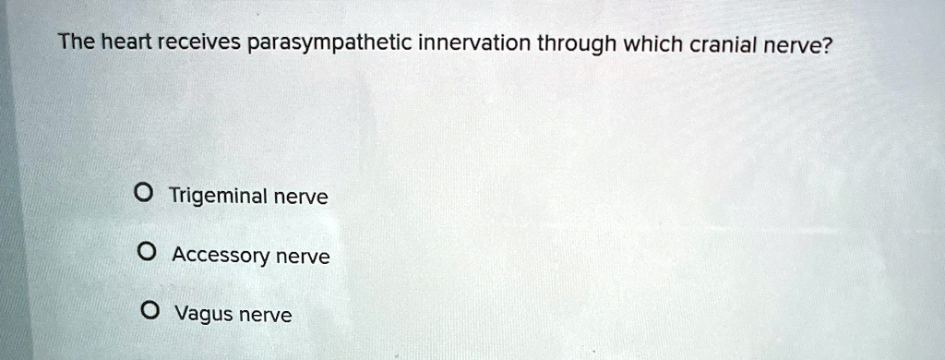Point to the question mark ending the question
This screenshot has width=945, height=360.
point(823,43)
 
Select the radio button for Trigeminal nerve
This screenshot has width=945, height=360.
point(143,194)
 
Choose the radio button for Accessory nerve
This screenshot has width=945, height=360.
point(145,252)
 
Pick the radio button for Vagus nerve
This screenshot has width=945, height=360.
point(149,311)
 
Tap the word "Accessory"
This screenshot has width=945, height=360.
point(221,257)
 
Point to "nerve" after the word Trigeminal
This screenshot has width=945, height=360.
point(301,198)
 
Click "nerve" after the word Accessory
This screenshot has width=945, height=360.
point(303,258)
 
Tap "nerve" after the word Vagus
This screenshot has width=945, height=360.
point(265,316)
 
